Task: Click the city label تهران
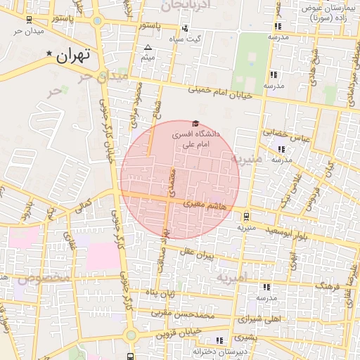75,56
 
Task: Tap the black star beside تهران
49,54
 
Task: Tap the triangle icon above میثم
148,49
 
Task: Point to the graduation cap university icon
195,124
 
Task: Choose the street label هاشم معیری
205,204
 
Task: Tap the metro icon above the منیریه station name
245,217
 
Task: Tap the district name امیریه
231,278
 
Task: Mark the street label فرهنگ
328,287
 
